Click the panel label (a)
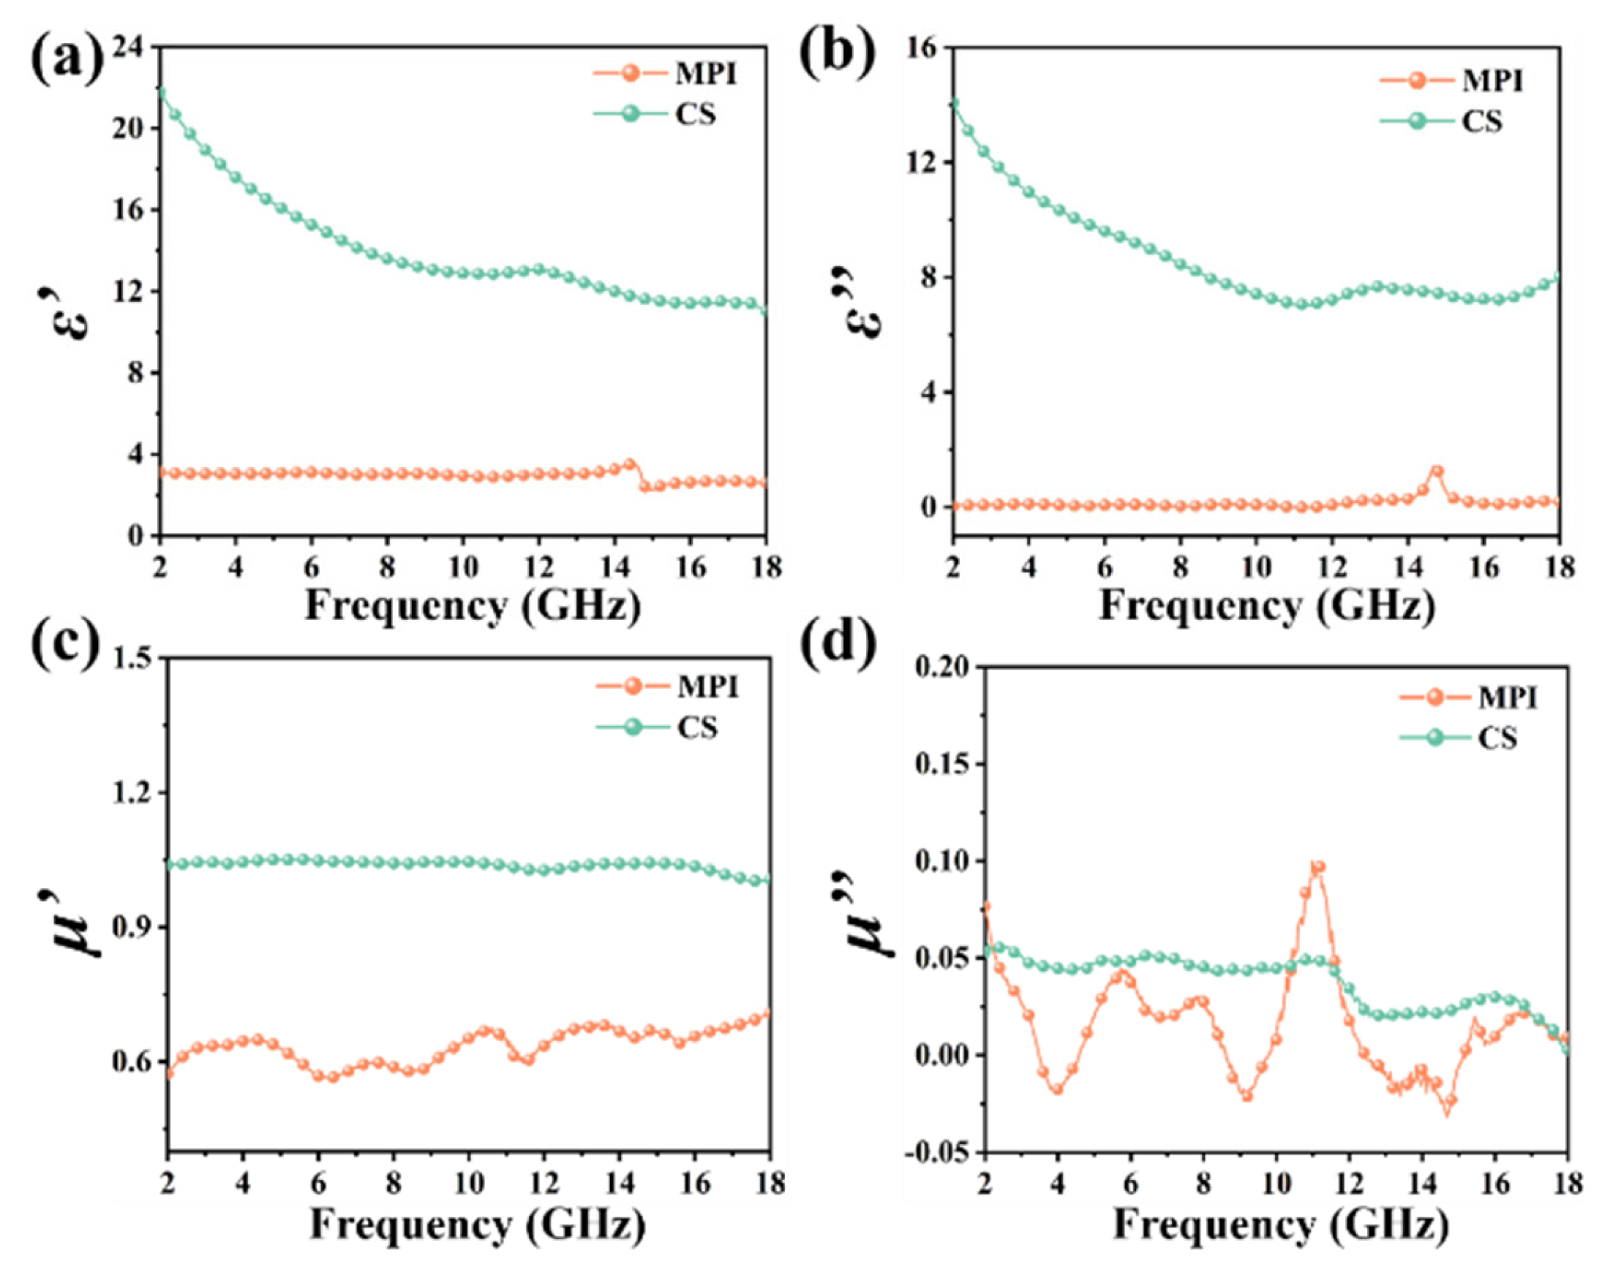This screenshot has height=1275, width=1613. point(66,58)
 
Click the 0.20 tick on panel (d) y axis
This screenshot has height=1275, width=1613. point(944,667)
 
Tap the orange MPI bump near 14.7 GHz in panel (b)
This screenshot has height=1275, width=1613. point(1436,471)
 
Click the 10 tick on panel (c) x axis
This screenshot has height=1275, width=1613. point(468,1184)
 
